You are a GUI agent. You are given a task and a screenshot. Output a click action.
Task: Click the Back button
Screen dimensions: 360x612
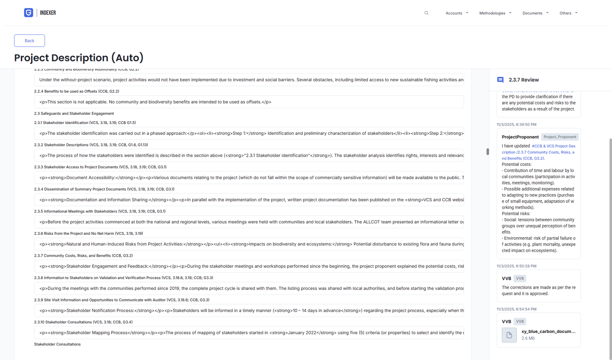tap(29, 41)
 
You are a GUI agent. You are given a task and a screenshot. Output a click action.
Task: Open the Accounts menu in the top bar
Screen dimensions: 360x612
tap(457, 13)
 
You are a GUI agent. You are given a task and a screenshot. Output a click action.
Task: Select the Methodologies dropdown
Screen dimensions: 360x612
tap(495, 13)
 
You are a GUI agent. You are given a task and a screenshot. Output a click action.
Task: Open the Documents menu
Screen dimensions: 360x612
tap(535, 13)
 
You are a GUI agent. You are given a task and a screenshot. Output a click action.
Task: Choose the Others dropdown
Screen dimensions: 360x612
tap(568, 13)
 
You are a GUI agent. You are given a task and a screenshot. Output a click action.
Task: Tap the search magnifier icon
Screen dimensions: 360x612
tap(426, 13)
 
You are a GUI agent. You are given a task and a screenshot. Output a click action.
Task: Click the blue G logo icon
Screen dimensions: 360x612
tap(29, 13)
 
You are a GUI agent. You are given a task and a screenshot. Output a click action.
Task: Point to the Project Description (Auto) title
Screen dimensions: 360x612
tap(79, 58)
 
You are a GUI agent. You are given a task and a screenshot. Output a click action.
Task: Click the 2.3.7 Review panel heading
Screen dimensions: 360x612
tap(524, 80)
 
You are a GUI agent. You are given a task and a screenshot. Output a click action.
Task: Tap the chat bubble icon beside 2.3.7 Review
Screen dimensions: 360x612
tap(500, 80)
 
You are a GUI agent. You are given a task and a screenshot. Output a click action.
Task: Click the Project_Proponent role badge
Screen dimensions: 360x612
tap(559, 137)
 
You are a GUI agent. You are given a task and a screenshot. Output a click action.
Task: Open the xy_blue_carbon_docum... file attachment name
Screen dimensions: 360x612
tap(548, 331)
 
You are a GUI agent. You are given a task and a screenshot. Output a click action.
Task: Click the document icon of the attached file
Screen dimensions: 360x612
tap(509, 335)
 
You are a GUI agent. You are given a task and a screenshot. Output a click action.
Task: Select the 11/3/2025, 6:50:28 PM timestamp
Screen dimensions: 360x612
tap(516, 266)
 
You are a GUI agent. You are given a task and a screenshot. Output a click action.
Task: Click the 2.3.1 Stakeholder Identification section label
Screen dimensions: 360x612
tap(85, 123)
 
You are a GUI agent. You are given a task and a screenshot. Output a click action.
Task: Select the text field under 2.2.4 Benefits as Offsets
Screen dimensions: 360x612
tap(249, 102)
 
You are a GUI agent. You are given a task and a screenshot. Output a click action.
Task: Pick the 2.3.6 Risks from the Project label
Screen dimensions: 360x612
tap(88, 234)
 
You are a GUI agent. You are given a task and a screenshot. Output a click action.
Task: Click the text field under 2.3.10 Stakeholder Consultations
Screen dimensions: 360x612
tap(249, 333)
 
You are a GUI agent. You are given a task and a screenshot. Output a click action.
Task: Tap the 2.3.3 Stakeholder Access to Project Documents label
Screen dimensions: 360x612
tap(100, 167)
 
